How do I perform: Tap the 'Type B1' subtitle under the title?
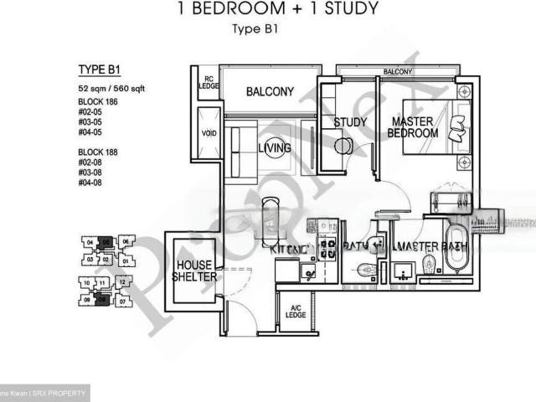255,29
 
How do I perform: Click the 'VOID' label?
209,132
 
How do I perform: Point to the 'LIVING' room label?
274,148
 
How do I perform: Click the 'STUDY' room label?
350,122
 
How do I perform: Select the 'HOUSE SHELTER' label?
195,271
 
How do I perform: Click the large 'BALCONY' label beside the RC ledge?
269,91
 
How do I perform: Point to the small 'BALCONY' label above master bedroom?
397,73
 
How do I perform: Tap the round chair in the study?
343,145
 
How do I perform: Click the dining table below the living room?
270,219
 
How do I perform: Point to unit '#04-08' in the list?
91,183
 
